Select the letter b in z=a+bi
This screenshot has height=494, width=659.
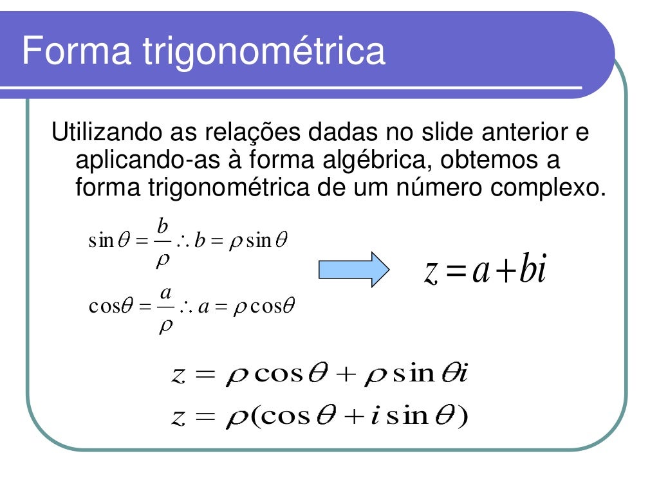(525, 271)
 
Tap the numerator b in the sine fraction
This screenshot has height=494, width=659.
(163, 226)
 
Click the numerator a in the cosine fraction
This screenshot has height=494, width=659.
(165, 293)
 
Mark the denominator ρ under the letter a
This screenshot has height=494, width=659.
(165, 324)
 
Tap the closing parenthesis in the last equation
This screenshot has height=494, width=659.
(461, 417)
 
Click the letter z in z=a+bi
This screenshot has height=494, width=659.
(432, 272)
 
